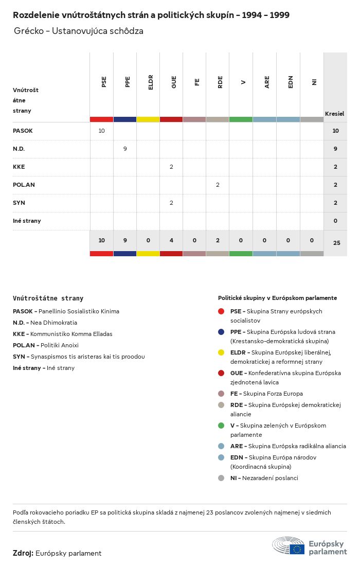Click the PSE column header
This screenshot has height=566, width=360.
click(x=104, y=82)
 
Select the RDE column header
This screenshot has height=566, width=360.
click(x=220, y=82)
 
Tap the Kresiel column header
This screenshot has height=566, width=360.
click(x=334, y=114)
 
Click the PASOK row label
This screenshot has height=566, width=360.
click(x=23, y=131)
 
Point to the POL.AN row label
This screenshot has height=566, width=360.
click(x=24, y=185)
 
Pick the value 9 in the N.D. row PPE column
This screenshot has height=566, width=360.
click(x=125, y=149)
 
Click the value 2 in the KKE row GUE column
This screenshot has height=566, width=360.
click(x=171, y=167)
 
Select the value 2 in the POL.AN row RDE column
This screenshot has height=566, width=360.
click(x=218, y=185)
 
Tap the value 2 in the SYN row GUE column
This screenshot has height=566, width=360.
click(x=171, y=203)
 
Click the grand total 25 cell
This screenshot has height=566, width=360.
click(x=336, y=243)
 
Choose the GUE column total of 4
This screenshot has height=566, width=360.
click(x=171, y=240)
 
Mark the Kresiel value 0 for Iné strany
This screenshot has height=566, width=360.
click(x=335, y=221)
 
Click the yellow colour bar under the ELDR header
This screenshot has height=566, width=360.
click(x=148, y=119)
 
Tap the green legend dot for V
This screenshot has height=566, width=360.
click(x=221, y=426)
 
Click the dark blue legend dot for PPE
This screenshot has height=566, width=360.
click(x=221, y=332)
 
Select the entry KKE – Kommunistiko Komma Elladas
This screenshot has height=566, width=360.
click(x=62, y=334)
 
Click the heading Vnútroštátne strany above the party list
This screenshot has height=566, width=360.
click(x=48, y=298)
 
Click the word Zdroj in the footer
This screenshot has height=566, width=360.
click(x=23, y=553)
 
